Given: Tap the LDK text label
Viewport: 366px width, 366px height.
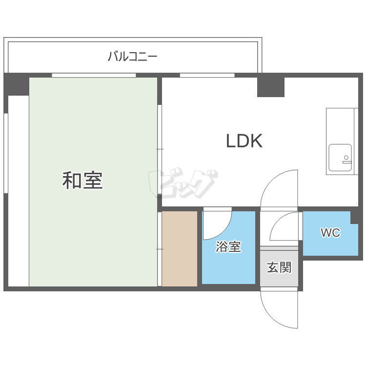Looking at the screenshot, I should [244, 141].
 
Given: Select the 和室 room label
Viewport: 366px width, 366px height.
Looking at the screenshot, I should [82, 181].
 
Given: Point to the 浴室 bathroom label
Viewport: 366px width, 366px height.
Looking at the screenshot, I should [228, 247].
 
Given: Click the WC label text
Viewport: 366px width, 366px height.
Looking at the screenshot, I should [330, 233].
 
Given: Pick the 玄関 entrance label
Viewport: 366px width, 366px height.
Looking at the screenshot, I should [279, 267].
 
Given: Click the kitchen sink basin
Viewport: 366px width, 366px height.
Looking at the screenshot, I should [340, 157].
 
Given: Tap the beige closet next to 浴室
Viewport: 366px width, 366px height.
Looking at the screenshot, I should [179, 249].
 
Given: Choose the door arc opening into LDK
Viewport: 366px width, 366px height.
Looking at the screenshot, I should [278, 188].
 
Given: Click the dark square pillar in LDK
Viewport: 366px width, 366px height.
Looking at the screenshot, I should [271, 86].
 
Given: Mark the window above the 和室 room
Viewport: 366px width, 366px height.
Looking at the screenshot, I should [94, 75].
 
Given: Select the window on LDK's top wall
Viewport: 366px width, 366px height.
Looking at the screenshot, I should [207, 75].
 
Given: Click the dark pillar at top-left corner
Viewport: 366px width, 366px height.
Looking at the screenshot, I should [17, 84].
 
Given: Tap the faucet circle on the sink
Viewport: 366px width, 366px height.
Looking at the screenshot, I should [346, 158].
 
